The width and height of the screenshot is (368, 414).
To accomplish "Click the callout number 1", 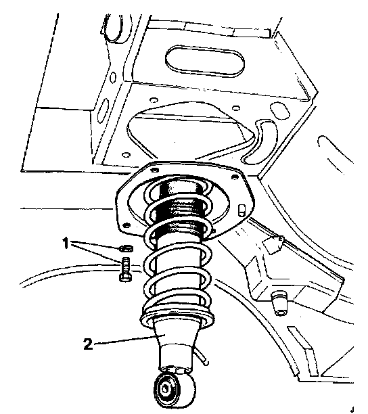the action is point(66,243).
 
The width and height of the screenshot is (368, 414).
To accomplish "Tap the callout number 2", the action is point(88,344).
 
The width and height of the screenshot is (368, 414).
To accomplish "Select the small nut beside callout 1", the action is point(127,248).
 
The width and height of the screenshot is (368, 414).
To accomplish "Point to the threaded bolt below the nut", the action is point(125,270).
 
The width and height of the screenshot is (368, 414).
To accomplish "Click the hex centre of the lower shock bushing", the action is point(166,388).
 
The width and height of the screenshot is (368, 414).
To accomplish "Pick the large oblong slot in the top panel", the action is point(205,62).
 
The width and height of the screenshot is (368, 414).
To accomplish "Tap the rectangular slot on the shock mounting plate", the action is point(241,210).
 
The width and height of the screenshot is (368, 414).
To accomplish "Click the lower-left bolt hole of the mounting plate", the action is point(127,226).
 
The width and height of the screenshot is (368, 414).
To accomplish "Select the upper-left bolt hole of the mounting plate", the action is point(155,170).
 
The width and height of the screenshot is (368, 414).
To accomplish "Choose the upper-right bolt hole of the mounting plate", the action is point(235,177).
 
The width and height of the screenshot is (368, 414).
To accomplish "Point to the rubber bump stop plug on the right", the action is point(279,303).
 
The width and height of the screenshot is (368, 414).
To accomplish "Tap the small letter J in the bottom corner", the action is point(352,410).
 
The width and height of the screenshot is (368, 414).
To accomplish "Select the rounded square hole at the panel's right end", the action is point(280,110).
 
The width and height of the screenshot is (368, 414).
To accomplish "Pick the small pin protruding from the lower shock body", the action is point(202,358).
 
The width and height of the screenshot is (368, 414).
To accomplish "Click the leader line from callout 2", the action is point(130,340).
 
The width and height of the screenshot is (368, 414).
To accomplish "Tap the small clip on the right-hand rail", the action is point(273,244).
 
